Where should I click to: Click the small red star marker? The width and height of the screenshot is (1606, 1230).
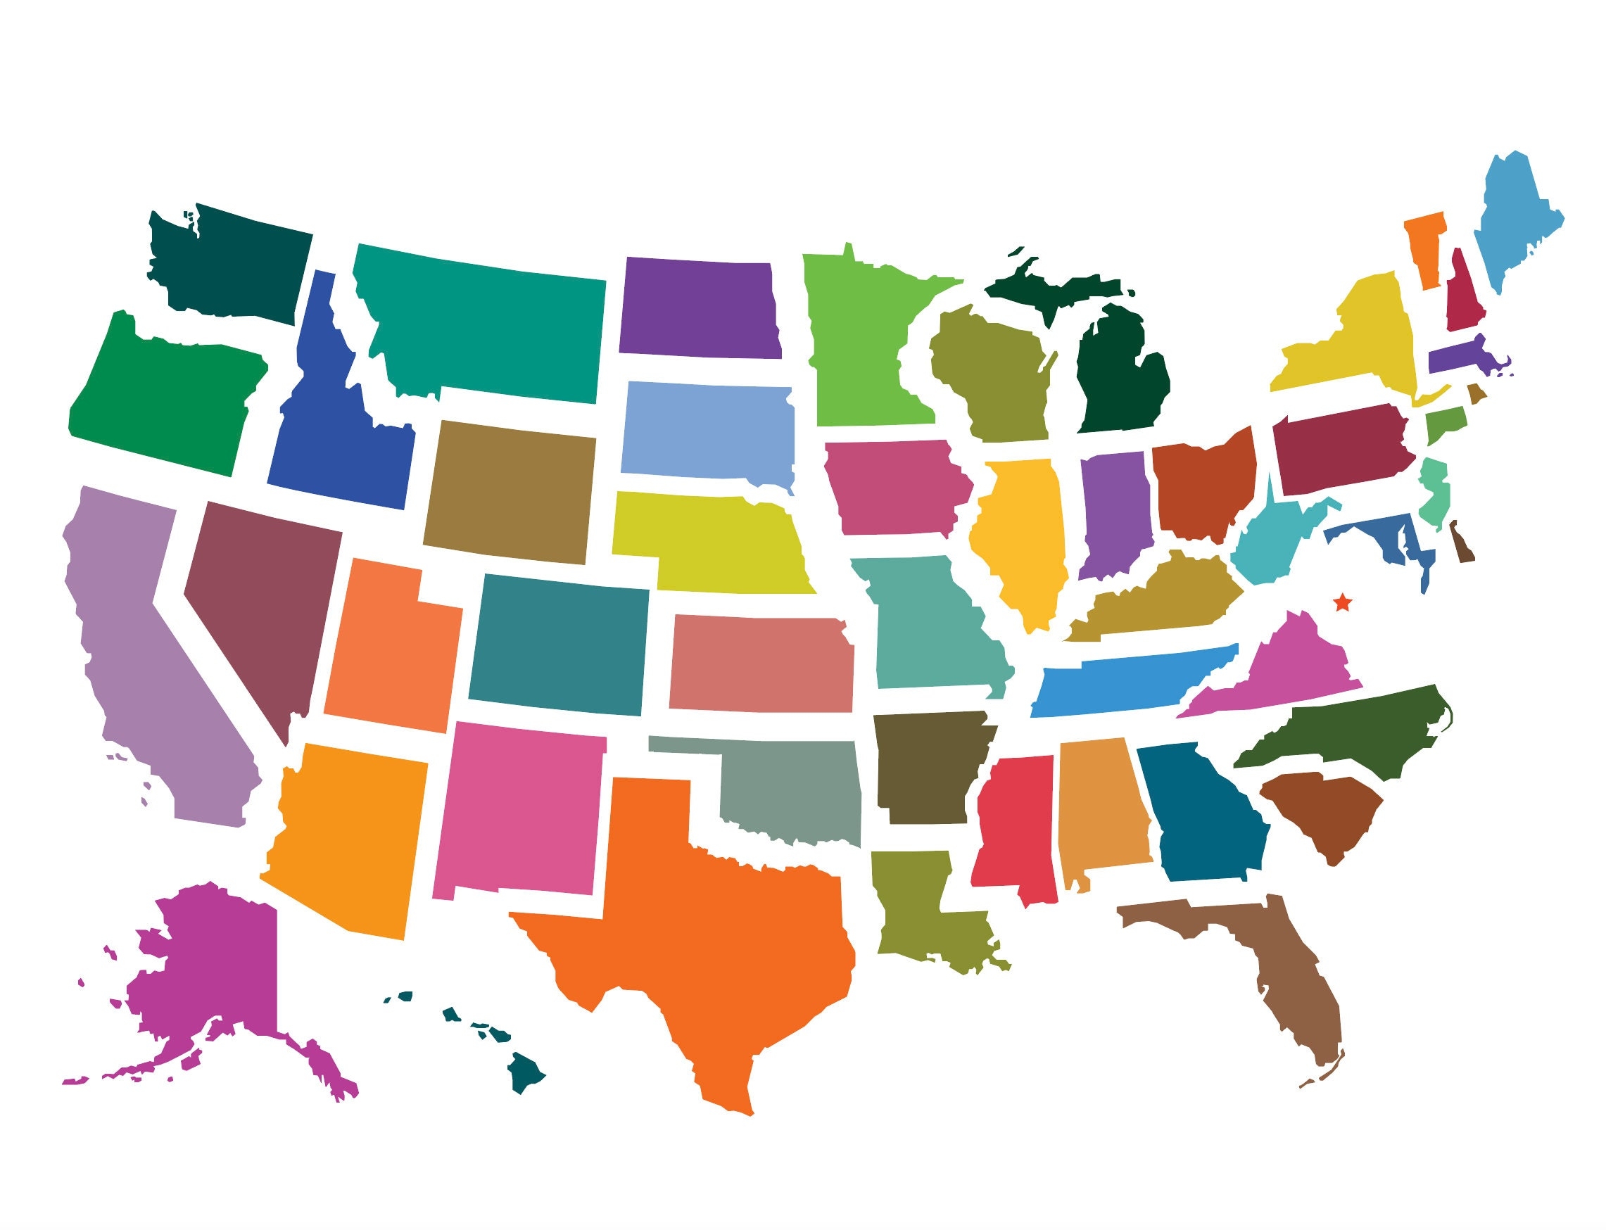[x=1342, y=602]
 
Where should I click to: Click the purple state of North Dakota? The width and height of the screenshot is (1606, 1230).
[x=700, y=307]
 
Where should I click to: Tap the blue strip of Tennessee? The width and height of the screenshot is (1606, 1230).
[x=1127, y=681]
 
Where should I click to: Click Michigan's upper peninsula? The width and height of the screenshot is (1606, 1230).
[x=1054, y=289]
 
